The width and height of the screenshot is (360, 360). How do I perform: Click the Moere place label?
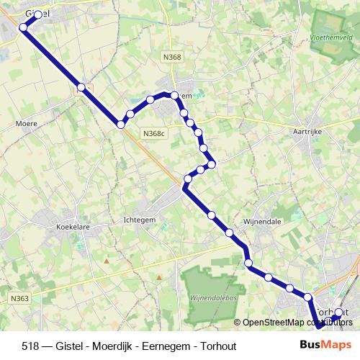pos(26,123)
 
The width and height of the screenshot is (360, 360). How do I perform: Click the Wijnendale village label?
pos(262,221)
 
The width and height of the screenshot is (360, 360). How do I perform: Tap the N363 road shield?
pos(20,297)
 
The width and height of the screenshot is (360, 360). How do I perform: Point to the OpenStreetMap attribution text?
pos(292,322)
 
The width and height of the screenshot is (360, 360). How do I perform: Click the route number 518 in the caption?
pos(31,346)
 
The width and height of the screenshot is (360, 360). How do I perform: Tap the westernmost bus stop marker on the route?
pos(23,27)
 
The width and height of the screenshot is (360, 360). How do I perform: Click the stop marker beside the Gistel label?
pos(38,14)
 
